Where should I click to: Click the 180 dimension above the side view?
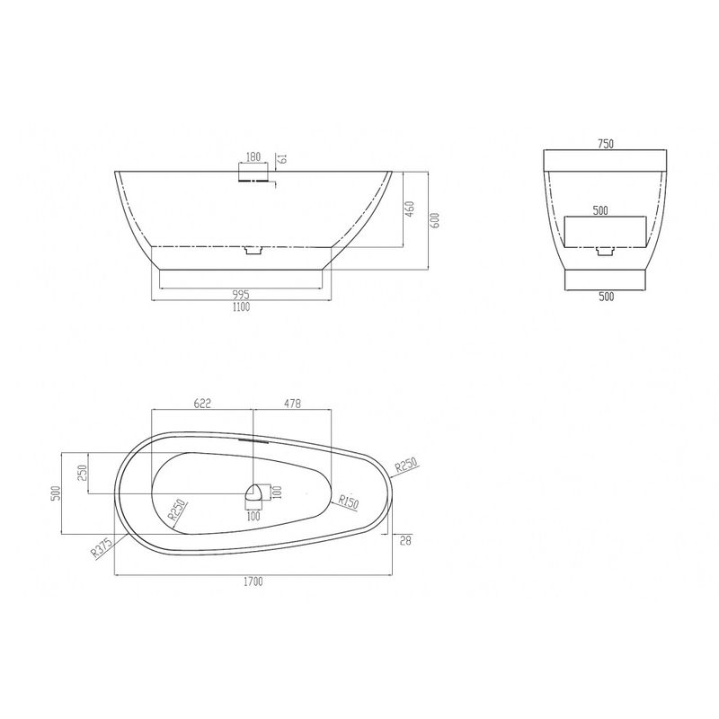click(x=253, y=156)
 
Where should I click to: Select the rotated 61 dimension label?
click(x=283, y=159)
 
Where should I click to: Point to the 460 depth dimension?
click(x=410, y=209)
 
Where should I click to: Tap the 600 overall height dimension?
click(x=436, y=220)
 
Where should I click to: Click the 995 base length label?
click(x=241, y=295)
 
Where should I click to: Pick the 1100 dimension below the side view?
click(x=241, y=306)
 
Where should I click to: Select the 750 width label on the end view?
click(x=605, y=144)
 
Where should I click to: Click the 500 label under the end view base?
click(x=606, y=297)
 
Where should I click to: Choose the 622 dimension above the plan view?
click(x=202, y=403)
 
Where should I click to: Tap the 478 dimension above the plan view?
click(x=293, y=403)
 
